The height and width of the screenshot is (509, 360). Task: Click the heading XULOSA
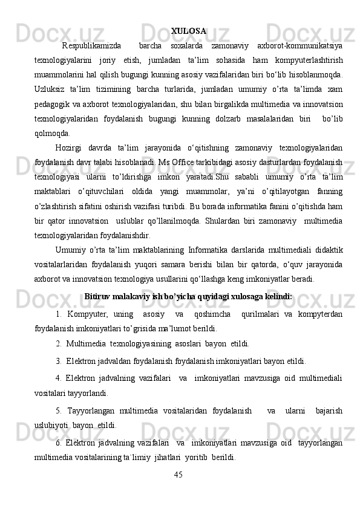[188, 30]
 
